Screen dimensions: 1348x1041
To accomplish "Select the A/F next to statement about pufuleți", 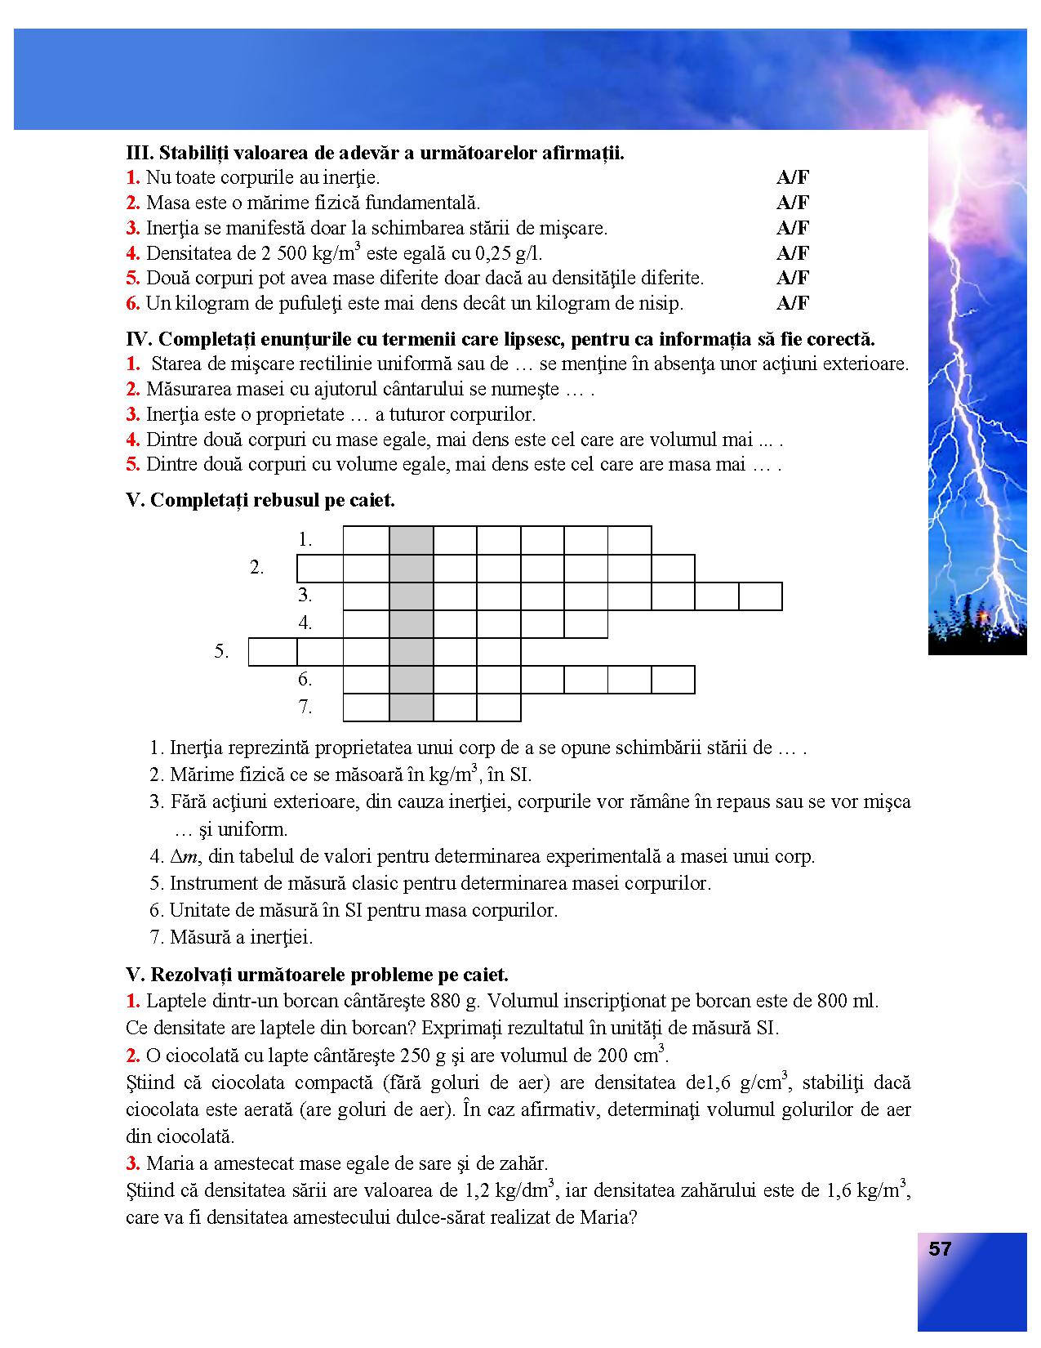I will (792, 303).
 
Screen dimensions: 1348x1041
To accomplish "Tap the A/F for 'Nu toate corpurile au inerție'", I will (792, 177).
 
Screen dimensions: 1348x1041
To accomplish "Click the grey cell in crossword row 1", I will (412, 540).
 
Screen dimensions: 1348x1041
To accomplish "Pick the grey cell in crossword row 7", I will (412, 707).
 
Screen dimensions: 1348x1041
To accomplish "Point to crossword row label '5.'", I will (221, 652).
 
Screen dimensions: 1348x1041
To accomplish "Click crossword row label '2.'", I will (257, 568).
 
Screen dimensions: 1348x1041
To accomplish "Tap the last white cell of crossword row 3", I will (760, 596).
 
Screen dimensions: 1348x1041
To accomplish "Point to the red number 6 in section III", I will (133, 303).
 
